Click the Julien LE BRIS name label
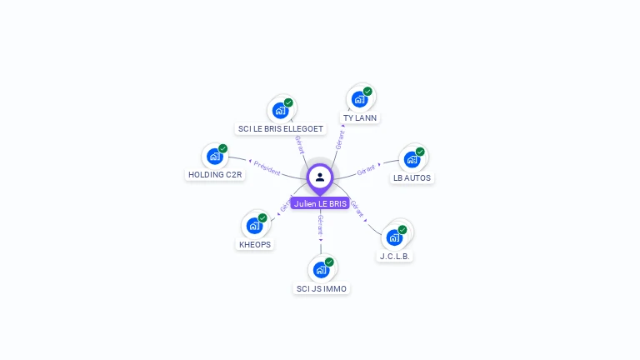320,203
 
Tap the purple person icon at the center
320,177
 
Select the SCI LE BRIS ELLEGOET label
281,129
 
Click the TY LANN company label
360,118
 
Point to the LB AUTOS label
412,177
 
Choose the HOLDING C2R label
215,175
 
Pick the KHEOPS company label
255,245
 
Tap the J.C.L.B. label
395,257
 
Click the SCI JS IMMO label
322,289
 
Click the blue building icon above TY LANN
359,99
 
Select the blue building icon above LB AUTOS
412,159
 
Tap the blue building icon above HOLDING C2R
215,156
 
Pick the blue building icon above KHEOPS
254,226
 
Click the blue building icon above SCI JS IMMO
321,270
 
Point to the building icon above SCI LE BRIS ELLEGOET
280,110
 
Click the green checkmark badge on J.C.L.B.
402,229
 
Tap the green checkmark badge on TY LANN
367,92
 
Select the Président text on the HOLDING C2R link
267,167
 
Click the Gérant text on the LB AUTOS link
367,170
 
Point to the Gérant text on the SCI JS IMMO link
321,224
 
